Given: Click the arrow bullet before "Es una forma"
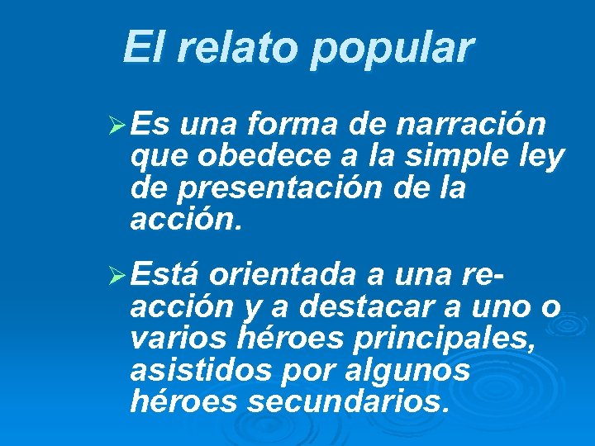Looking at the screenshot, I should [117, 126].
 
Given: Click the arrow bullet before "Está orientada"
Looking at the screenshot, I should [117, 273].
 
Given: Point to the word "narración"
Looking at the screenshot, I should [471, 125].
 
